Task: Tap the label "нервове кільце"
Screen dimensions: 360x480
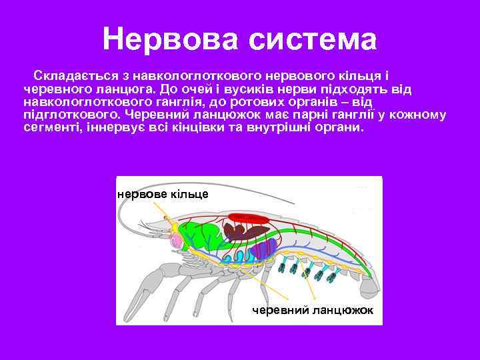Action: click(x=163, y=194)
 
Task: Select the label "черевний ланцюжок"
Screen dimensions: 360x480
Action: click(x=313, y=311)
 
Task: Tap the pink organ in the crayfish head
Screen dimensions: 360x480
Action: click(x=177, y=239)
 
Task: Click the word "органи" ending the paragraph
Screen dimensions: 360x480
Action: click(x=342, y=127)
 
